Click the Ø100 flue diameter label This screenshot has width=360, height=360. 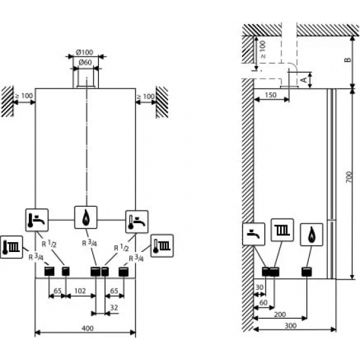pyautogui.click(x=84, y=52)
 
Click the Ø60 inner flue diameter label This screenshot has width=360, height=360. pyautogui.click(x=85, y=62)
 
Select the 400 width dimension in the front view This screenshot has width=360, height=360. pyautogui.click(x=88, y=329)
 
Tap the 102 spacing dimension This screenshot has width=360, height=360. pyautogui.click(x=80, y=291)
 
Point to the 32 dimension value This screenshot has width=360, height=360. pyautogui.click(x=114, y=308)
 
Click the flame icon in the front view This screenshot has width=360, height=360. pyautogui.click(x=86, y=217)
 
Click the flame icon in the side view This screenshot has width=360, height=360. pyautogui.click(x=312, y=234)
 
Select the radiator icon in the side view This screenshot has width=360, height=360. pyautogui.click(x=282, y=230)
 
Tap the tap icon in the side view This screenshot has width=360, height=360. pyautogui.click(x=254, y=234)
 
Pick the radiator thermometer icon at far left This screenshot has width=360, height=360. pyautogui.click(x=12, y=247)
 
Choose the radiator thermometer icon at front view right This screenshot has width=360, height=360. pyautogui.click(x=162, y=245)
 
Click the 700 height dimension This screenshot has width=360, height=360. pyautogui.click(x=348, y=177)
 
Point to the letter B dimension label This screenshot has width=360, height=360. pyautogui.click(x=348, y=60)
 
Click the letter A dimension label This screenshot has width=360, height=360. pyautogui.click(x=304, y=80)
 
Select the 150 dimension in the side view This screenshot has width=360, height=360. pyautogui.click(x=271, y=95)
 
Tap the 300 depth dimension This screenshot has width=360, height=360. pyautogui.click(x=291, y=325)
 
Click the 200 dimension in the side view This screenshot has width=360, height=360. pyautogui.click(x=280, y=314)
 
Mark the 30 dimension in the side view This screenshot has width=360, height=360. pyautogui.click(x=259, y=287)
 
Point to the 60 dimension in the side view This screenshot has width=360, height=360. pyautogui.click(x=263, y=302)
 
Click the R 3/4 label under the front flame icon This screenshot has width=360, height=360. pyautogui.click(x=90, y=243)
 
